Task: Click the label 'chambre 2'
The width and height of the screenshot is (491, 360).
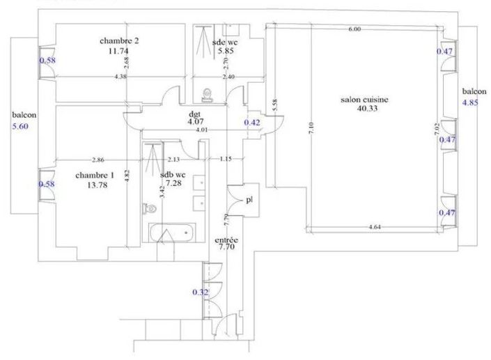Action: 120,41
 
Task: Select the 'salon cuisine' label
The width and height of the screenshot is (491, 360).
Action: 364,100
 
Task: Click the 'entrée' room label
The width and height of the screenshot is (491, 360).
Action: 227,238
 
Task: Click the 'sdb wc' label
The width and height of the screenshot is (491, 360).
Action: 172,175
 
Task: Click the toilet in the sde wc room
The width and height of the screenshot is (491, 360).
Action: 208,93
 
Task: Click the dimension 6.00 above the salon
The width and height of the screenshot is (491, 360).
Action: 354,29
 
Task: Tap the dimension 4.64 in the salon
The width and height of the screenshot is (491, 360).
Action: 375,227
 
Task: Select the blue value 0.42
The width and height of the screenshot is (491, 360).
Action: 251,123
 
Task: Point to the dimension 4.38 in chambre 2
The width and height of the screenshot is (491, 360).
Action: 120,76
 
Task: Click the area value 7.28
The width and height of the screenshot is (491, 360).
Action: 172,183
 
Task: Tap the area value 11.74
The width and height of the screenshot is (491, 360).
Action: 120,50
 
